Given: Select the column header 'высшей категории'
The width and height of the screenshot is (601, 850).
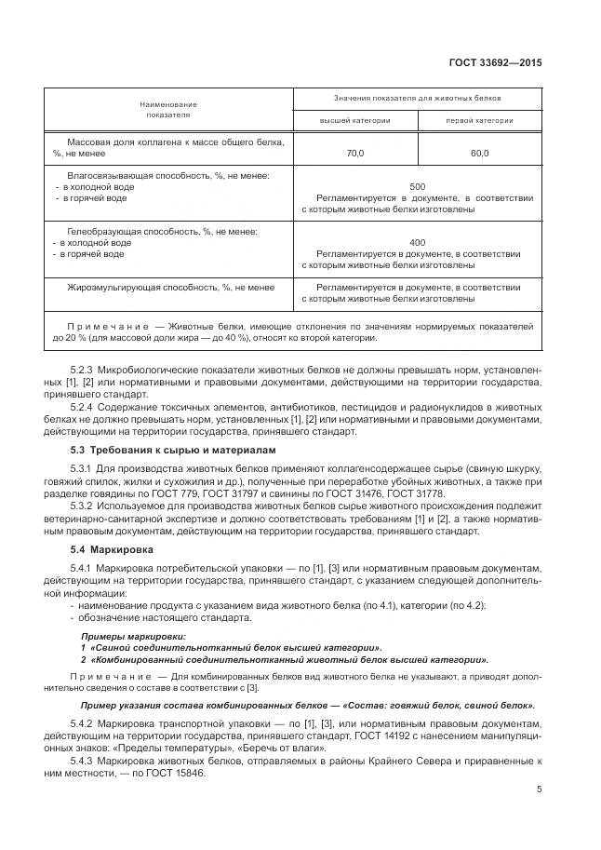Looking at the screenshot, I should (355, 120).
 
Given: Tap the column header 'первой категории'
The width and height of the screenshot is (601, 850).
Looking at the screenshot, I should (479, 120).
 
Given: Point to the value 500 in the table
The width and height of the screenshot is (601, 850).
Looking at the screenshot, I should (417, 186).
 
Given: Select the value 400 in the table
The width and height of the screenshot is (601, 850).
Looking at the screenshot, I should (417, 241).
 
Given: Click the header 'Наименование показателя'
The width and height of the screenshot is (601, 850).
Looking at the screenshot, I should (168, 110).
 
